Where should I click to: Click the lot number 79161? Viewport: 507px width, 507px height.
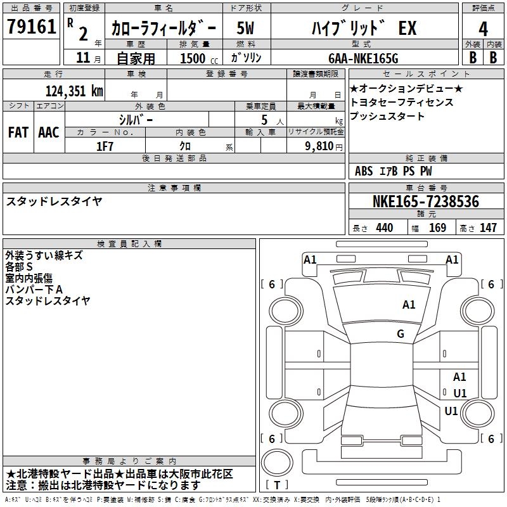tap(31, 27)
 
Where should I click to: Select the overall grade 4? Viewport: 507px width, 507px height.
tap(483, 29)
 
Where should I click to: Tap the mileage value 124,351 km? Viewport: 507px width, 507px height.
tap(74, 91)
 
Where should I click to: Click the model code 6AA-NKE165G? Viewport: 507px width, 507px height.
tap(363, 58)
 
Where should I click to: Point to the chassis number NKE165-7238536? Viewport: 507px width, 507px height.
tap(426, 202)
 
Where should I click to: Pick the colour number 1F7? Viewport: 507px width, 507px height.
tap(105, 146)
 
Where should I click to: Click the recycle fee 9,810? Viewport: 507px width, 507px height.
tap(319, 146)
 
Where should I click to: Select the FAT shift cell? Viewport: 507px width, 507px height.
tap(18, 132)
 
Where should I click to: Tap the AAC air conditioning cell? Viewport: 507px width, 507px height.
tap(49, 132)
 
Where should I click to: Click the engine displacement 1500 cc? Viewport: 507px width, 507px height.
tap(199, 58)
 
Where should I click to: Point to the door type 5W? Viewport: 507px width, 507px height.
tap(245, 28)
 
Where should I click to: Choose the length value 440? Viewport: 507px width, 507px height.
tap(385, 228)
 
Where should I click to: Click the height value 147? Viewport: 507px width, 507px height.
tap(488, 228)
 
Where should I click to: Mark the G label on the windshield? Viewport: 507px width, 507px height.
tap(401, 333)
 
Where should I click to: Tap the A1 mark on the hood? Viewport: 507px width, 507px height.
tap(409, 305)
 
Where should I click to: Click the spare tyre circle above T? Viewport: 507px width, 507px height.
tap(277, 463)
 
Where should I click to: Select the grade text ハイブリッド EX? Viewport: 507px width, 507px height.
tap(364, 28)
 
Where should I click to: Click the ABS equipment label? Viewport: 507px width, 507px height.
tap(364, 171)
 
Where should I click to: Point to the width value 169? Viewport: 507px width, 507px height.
tap(437, 228)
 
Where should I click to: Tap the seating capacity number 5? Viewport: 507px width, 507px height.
tap(264, 120)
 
